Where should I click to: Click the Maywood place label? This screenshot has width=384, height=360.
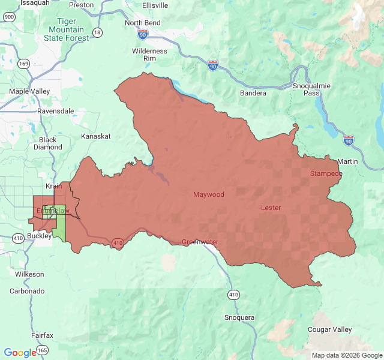click(208, 194)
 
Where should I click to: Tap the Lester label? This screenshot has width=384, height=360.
click(271, 208)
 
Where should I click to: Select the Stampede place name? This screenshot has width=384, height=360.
click(326, 173)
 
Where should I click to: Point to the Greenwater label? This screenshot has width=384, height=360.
click(200, 242)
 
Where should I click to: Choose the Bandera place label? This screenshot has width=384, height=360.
click(253, 93)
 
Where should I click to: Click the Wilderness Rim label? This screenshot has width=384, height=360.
click(149, 55)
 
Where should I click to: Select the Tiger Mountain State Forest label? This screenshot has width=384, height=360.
click(66, 29)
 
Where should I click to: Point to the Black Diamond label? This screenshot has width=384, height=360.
click(47, 143)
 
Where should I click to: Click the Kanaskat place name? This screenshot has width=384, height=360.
click(96, 136)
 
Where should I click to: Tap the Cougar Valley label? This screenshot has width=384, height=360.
click(329, 330)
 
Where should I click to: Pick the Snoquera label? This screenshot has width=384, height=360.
click(239, 317)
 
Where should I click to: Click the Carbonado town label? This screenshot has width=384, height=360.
click(27, 290)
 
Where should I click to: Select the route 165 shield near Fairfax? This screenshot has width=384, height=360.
click(43, 349)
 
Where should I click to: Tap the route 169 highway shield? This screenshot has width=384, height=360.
click(24, 63)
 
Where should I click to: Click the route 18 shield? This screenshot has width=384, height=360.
click(97, 31)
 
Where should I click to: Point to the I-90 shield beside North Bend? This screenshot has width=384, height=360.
click(142, 35)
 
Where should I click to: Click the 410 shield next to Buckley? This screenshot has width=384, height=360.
click(18, 238)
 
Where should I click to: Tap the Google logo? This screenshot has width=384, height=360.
click(20, 353)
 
